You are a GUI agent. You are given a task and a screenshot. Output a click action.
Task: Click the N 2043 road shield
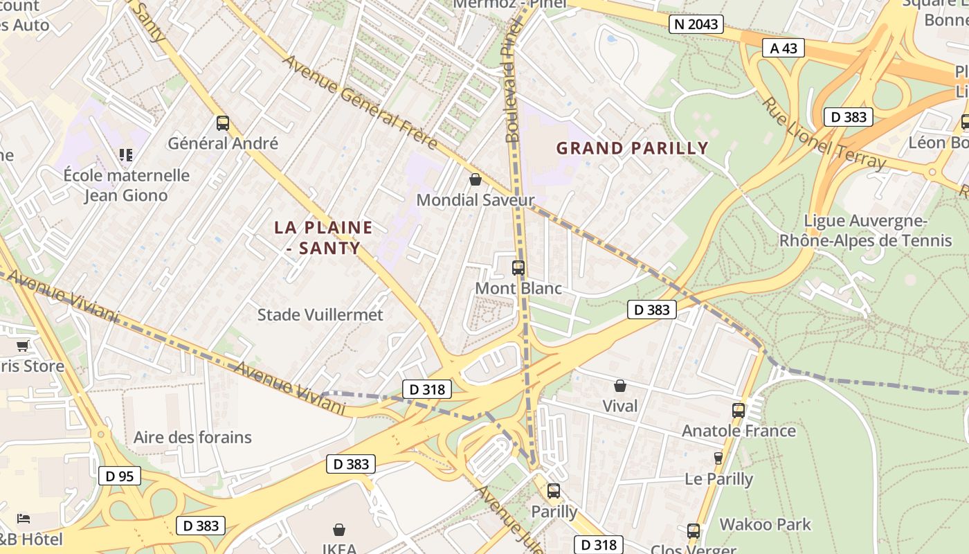(x=696, y=24)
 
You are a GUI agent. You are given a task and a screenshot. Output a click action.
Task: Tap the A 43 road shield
(x=784, y=48)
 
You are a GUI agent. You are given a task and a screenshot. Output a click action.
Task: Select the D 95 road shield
(x=120, y=476)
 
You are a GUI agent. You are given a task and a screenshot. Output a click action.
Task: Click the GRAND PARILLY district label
(x=633, y=148)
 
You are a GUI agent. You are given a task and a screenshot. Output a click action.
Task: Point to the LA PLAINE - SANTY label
(x=323, y=237)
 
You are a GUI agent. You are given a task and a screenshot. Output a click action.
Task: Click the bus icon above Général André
(x=223, y=123)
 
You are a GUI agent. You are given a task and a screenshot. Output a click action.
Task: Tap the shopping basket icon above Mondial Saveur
(x=476, y=180)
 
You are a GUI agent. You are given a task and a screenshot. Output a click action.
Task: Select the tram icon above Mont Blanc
(x=518, y=268)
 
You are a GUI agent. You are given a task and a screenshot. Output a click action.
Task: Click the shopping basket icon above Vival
(x=620, y=386)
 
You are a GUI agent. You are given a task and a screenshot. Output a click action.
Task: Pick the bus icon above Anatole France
(x=739, y=410)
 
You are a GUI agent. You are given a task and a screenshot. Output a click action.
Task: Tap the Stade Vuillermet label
(x=320, y=314)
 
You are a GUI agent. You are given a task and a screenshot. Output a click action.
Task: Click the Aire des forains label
(x=192, y=437)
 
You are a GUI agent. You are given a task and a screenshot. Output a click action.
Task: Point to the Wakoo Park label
(x=765, y=524)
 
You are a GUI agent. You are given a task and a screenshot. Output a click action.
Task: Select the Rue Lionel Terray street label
(x=824, y=133)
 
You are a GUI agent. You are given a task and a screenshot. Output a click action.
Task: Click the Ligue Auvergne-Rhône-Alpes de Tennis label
(x=865, y=231)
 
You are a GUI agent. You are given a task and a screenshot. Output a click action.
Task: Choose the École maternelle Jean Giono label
(x=126, y=185)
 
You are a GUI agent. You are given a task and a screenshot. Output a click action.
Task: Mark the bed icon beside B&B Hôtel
(x=24, y=518)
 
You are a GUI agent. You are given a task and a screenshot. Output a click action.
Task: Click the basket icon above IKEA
(x=339, y=530)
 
